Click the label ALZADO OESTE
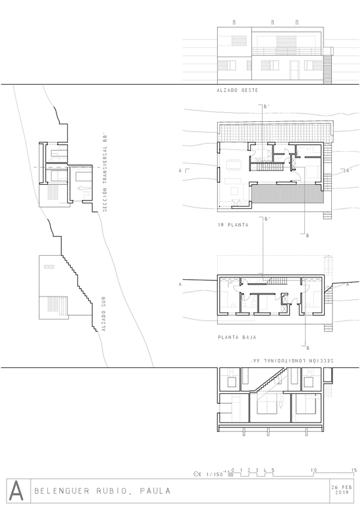(x=237, y=90)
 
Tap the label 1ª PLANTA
(x=233, y=224)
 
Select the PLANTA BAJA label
(x=237, y=337)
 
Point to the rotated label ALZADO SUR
(x=104, y=313)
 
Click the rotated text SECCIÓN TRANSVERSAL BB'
(x=104, y=173)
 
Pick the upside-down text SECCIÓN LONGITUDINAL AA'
(x=292, y=361)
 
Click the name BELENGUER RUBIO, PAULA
(x=102, y=490)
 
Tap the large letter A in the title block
(x=16, y=490)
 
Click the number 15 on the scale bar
(x=354, y=470)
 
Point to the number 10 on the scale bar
(x=314, y=470)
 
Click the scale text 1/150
(x=215, y=474)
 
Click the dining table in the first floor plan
(x=234, y=164)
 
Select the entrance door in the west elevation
(x=295, y=70)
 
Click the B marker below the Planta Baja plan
(x=308, y=348)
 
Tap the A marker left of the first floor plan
(x=180, y=170)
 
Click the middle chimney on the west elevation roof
(x=272, y=22)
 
